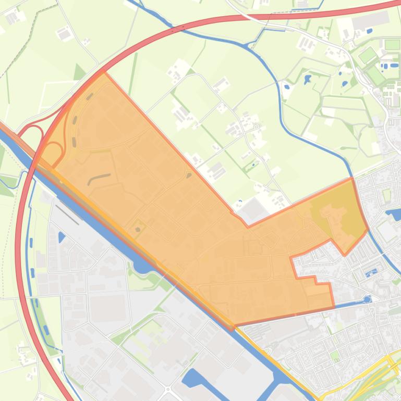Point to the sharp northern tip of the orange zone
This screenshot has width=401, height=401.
coord(104,72)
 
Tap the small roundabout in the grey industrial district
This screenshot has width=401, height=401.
coord(168,389)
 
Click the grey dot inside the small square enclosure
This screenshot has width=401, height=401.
coord(138,227)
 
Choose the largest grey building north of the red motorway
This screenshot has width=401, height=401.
coord(370,21)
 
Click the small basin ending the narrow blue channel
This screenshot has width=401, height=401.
coord(368,299)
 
